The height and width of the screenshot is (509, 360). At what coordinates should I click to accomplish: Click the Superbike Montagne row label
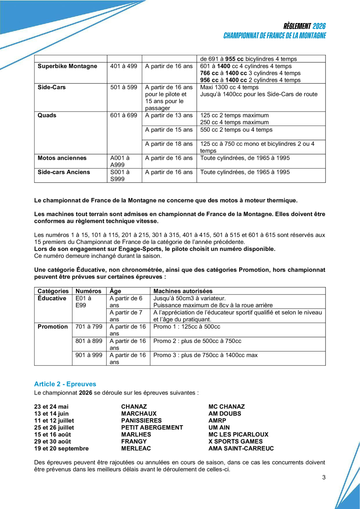coord(67,66)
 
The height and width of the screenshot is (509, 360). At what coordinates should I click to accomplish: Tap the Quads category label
coord(47,116)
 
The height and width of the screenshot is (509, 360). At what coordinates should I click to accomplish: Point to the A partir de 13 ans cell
coord(169,116)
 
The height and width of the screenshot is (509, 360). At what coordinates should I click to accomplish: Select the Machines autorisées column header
coord(183,291)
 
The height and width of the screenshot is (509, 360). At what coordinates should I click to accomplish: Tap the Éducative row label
coord(52,298)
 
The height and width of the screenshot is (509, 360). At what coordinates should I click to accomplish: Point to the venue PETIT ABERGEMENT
coord(152,428)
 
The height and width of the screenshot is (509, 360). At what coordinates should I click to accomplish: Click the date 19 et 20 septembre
coord(62,449)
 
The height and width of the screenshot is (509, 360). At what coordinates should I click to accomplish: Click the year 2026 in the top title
coord(319,27)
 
